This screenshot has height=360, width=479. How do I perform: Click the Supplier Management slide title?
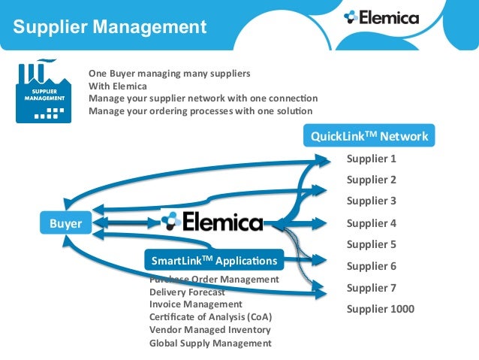coord(110,27)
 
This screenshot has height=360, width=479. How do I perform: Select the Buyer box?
coord(65,222)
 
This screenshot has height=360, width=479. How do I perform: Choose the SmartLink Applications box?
coord(214,261)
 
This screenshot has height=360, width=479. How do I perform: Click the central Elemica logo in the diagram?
coord(212,222)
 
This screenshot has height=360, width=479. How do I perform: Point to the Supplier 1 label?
coord(371,159)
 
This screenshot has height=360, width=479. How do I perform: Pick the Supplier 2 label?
coord(371,180)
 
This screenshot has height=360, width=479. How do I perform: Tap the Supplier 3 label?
coord(371,201)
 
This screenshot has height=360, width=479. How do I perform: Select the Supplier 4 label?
coord(371,223)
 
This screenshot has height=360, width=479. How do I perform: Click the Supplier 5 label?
coord(371,244)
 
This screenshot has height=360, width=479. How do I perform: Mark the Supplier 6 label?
coord(371,266)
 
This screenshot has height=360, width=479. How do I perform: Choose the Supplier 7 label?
coord(371,287)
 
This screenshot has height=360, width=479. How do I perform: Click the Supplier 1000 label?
coord(380,309)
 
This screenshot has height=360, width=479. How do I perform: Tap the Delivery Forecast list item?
coord(187,292)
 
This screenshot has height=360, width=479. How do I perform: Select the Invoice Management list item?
coord(196,304)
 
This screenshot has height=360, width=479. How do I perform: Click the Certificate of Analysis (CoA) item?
coord(210,316)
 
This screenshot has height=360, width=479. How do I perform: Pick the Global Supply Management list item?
coord(210,343)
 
